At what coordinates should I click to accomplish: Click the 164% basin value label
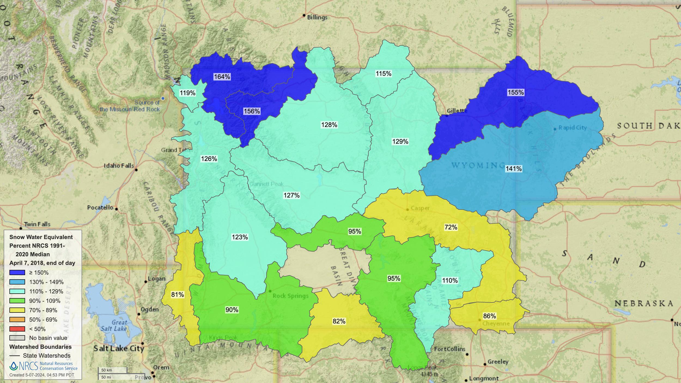click(x=222, y=77)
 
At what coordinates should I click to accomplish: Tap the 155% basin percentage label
click(x=515, y=92)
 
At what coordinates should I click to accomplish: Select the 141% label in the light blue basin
click(x=513, y=169)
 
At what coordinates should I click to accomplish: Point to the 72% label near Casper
click(x=451, y=227)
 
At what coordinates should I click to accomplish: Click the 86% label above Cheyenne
click(x=489, y=316)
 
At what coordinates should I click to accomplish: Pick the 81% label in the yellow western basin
click(x=177, y=294)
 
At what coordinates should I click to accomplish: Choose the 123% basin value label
click(x=240, y=237)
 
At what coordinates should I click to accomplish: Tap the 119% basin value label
click(x=187, y=93)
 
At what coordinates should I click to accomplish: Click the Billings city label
click(x=317, y=17)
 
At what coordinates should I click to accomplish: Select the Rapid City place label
click(x=572, y=128)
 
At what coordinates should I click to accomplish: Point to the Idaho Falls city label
click(x=119, y=166)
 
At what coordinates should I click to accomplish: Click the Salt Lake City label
click(x=119, y=348)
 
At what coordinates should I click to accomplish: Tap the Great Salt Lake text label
click(x=114, y=326)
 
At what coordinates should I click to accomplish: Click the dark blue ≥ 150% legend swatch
click(x=17, y=273)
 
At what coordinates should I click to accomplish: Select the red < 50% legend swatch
click(x=17, y=329)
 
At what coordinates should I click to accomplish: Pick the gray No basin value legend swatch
click(x=17, y=338)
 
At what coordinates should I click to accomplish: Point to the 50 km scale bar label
click(x=107, y=370)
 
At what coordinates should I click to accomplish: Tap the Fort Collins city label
click(x=449, y=349)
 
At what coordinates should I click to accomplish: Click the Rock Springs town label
click(x=290, y=296)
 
